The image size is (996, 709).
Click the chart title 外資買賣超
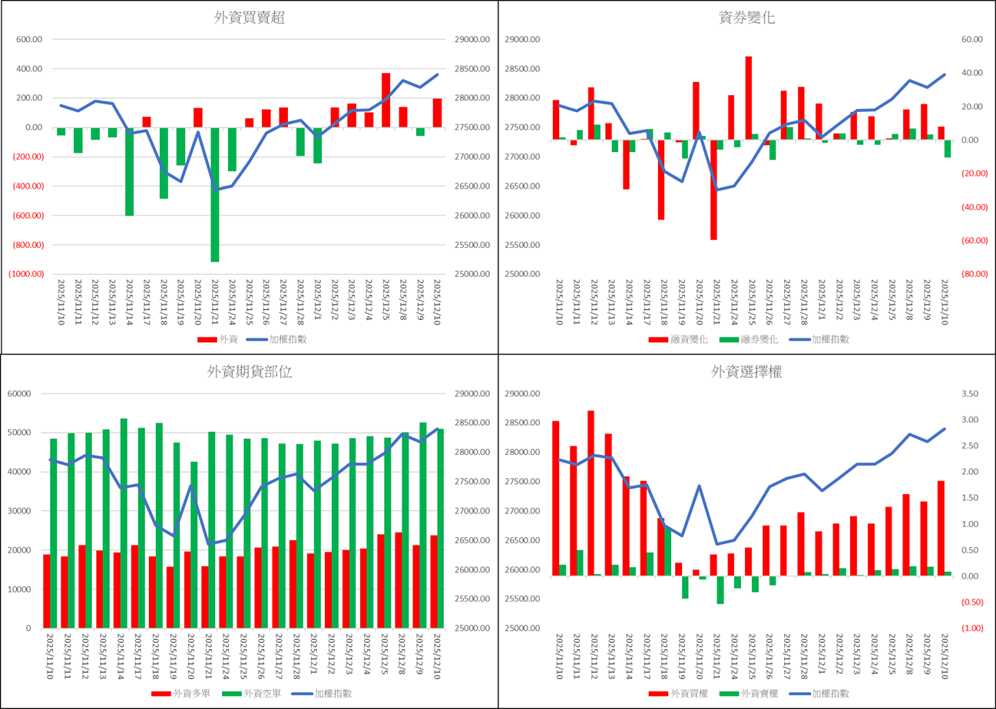coord(249,18)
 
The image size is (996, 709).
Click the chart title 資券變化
coord(746,18)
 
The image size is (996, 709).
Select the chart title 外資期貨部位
coord(249,372)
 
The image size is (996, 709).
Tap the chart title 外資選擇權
coord(746,372)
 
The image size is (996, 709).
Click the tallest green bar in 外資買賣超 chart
coord(215,195)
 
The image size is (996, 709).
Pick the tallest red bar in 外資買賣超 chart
coord(386,100)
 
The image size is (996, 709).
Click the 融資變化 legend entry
coord(683,339)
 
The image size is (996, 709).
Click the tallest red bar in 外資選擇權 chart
coord(591,493)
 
